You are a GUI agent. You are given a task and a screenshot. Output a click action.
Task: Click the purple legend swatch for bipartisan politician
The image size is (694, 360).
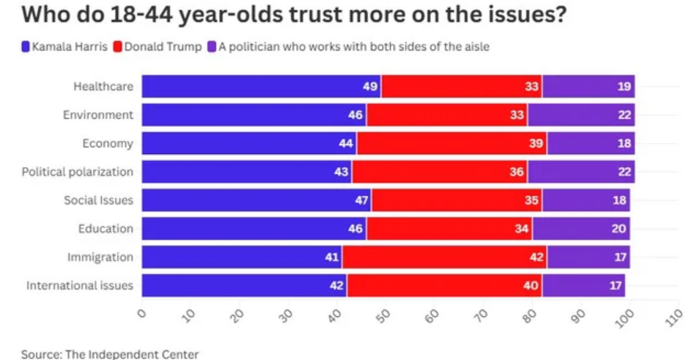212,47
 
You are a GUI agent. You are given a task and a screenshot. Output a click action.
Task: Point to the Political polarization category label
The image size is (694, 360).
78,172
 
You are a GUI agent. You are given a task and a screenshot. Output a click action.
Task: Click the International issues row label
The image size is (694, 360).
80,286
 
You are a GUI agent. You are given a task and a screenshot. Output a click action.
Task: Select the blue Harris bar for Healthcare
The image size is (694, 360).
260,87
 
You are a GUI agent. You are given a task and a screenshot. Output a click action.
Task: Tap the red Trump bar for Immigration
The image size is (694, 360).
444,257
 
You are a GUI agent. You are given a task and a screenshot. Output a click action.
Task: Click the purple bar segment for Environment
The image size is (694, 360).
580,115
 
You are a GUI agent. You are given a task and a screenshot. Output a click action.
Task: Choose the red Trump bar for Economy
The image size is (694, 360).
451,144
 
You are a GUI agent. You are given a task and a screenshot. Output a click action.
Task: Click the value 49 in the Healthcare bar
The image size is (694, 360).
370,87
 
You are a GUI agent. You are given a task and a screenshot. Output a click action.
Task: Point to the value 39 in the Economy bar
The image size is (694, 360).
536,144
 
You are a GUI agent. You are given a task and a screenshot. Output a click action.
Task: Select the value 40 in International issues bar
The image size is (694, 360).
531,286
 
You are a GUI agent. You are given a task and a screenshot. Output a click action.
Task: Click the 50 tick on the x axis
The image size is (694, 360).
385,316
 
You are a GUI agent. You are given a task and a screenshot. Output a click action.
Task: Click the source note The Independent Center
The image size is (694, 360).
110,354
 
